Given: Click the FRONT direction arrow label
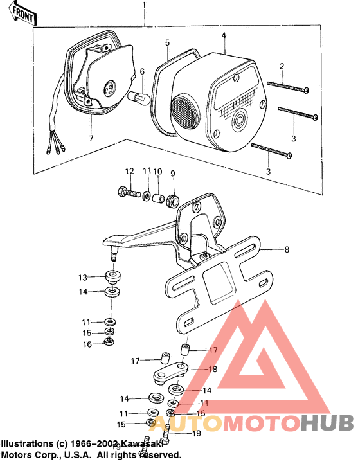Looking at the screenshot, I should point(21,13).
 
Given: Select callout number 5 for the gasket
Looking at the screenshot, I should point(167,42).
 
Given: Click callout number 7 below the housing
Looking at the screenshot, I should point(91,138).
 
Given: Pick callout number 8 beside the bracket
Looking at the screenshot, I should point(287,248).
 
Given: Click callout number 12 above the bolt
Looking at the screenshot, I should point(129,171).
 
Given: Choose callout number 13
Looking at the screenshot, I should point(82,278).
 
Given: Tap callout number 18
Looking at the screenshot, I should point(213,370).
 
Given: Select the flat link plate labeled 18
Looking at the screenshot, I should point(170,372).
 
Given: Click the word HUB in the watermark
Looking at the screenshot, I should point(327,424).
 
